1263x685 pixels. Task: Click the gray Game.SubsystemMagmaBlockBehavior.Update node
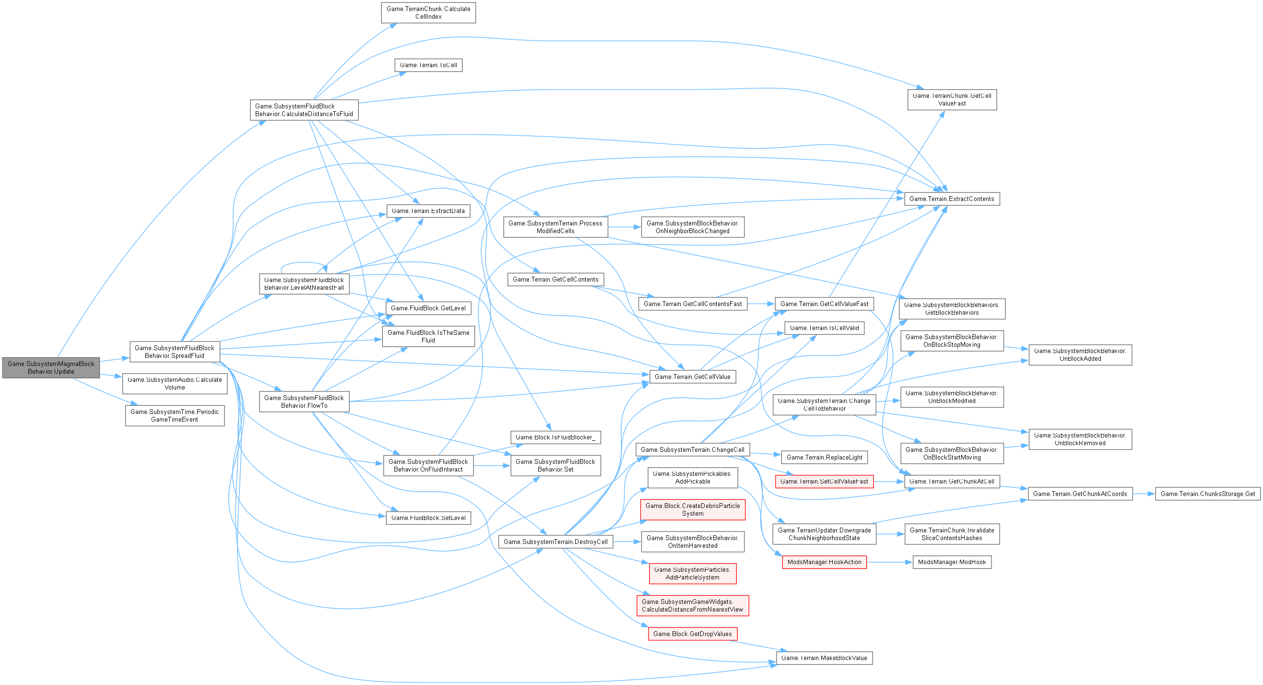coord(50,367)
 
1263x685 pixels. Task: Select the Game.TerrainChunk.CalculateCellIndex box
coord(428,13)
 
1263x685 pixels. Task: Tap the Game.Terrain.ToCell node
coord(428,65)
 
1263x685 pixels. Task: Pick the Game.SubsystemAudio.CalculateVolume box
coord(175,383)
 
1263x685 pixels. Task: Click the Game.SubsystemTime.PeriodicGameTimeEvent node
coord(175,415)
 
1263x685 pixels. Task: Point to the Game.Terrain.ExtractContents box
coord(951,199)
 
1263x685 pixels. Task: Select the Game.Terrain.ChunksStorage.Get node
coord(1207,494)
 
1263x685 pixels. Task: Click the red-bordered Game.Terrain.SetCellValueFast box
coord(824,482)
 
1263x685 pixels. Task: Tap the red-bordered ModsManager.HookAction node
coord(824,562)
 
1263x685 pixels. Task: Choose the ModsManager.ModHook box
coord(951,562)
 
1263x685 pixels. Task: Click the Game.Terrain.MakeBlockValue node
coord(824,658)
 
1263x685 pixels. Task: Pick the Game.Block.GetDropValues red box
coord(692,634)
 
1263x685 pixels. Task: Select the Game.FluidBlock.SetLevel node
coord(428,518)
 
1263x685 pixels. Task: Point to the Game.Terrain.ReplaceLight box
coord(824,457)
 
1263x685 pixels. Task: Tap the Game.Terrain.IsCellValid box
coord(824,328)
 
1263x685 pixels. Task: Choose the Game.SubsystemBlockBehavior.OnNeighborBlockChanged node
coord(692,227)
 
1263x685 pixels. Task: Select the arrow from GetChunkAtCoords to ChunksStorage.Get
coord(1144,494)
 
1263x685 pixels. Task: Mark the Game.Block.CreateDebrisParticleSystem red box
coord(692,509)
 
